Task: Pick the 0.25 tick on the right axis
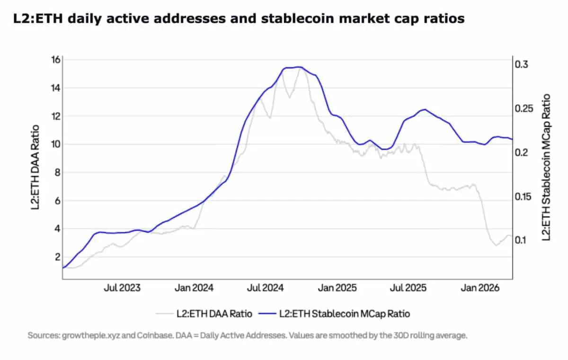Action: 524,108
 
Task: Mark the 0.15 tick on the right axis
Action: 524,196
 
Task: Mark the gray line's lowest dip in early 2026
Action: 496,245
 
